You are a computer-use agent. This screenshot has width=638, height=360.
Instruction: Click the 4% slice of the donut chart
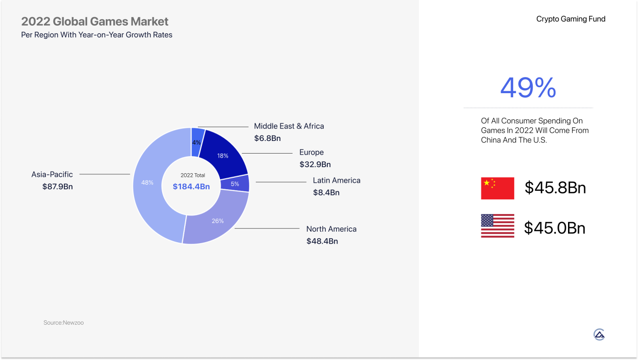tap(197, 142)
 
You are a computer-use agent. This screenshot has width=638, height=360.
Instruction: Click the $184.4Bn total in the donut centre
tap(191, 187)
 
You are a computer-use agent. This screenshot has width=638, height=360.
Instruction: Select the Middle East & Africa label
tap(289, 126)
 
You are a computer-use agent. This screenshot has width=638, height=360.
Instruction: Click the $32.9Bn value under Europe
tap(315, 164)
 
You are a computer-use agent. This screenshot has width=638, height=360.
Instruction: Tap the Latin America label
tap(337, 180)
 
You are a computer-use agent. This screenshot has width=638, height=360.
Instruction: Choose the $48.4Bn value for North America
tap(322, 241)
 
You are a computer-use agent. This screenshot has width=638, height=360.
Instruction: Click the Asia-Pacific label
tap(52, 174)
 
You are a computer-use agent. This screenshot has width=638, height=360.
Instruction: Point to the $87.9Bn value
tap(57, 187)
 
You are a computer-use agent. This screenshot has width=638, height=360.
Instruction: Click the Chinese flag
tap(498, 188)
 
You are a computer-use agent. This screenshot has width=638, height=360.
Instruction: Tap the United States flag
tap(498, 226)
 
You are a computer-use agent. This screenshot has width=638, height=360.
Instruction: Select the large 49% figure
tap(528, 88)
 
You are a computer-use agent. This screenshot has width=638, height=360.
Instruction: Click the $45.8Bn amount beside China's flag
tap(555, 188)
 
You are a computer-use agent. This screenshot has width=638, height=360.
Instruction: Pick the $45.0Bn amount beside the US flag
tap(554, 228)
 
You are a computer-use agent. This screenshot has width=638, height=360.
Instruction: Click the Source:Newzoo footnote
tap(63, 323)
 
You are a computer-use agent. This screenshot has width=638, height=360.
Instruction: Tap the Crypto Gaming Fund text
tap(571, 19)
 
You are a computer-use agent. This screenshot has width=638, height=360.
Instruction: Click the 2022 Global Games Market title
tap(95, 21)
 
